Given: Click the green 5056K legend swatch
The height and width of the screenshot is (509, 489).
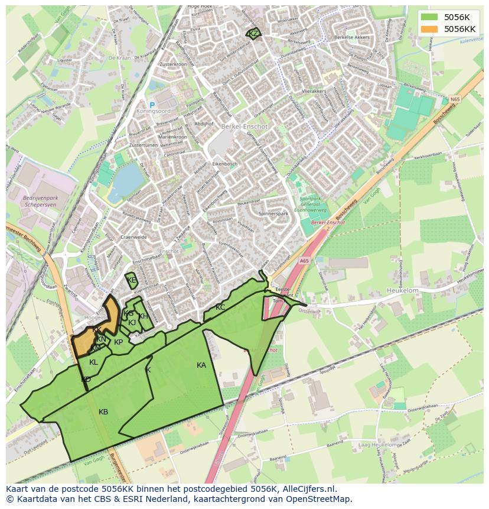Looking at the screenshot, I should (430, 17).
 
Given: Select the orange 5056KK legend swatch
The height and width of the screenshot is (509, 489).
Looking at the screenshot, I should (430, 28).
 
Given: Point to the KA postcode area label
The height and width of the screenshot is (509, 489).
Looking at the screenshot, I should (201, 365).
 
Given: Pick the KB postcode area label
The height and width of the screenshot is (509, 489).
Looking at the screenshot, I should (103, 412).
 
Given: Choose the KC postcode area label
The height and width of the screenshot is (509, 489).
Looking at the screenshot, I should (220, 307).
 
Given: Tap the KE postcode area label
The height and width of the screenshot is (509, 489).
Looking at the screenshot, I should (131, 280).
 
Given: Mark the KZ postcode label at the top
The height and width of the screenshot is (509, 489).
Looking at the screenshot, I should (253, 34).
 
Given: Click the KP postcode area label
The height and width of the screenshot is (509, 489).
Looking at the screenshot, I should (119, 342).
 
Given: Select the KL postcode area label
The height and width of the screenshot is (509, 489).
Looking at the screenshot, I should (93, 362).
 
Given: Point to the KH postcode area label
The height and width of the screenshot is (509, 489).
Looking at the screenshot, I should (144, 316).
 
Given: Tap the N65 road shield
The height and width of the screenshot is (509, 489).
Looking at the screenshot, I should (454, 100).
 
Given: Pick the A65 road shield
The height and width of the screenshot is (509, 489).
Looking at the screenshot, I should (304, 261).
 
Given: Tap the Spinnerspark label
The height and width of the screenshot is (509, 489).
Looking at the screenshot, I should (273, 213).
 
